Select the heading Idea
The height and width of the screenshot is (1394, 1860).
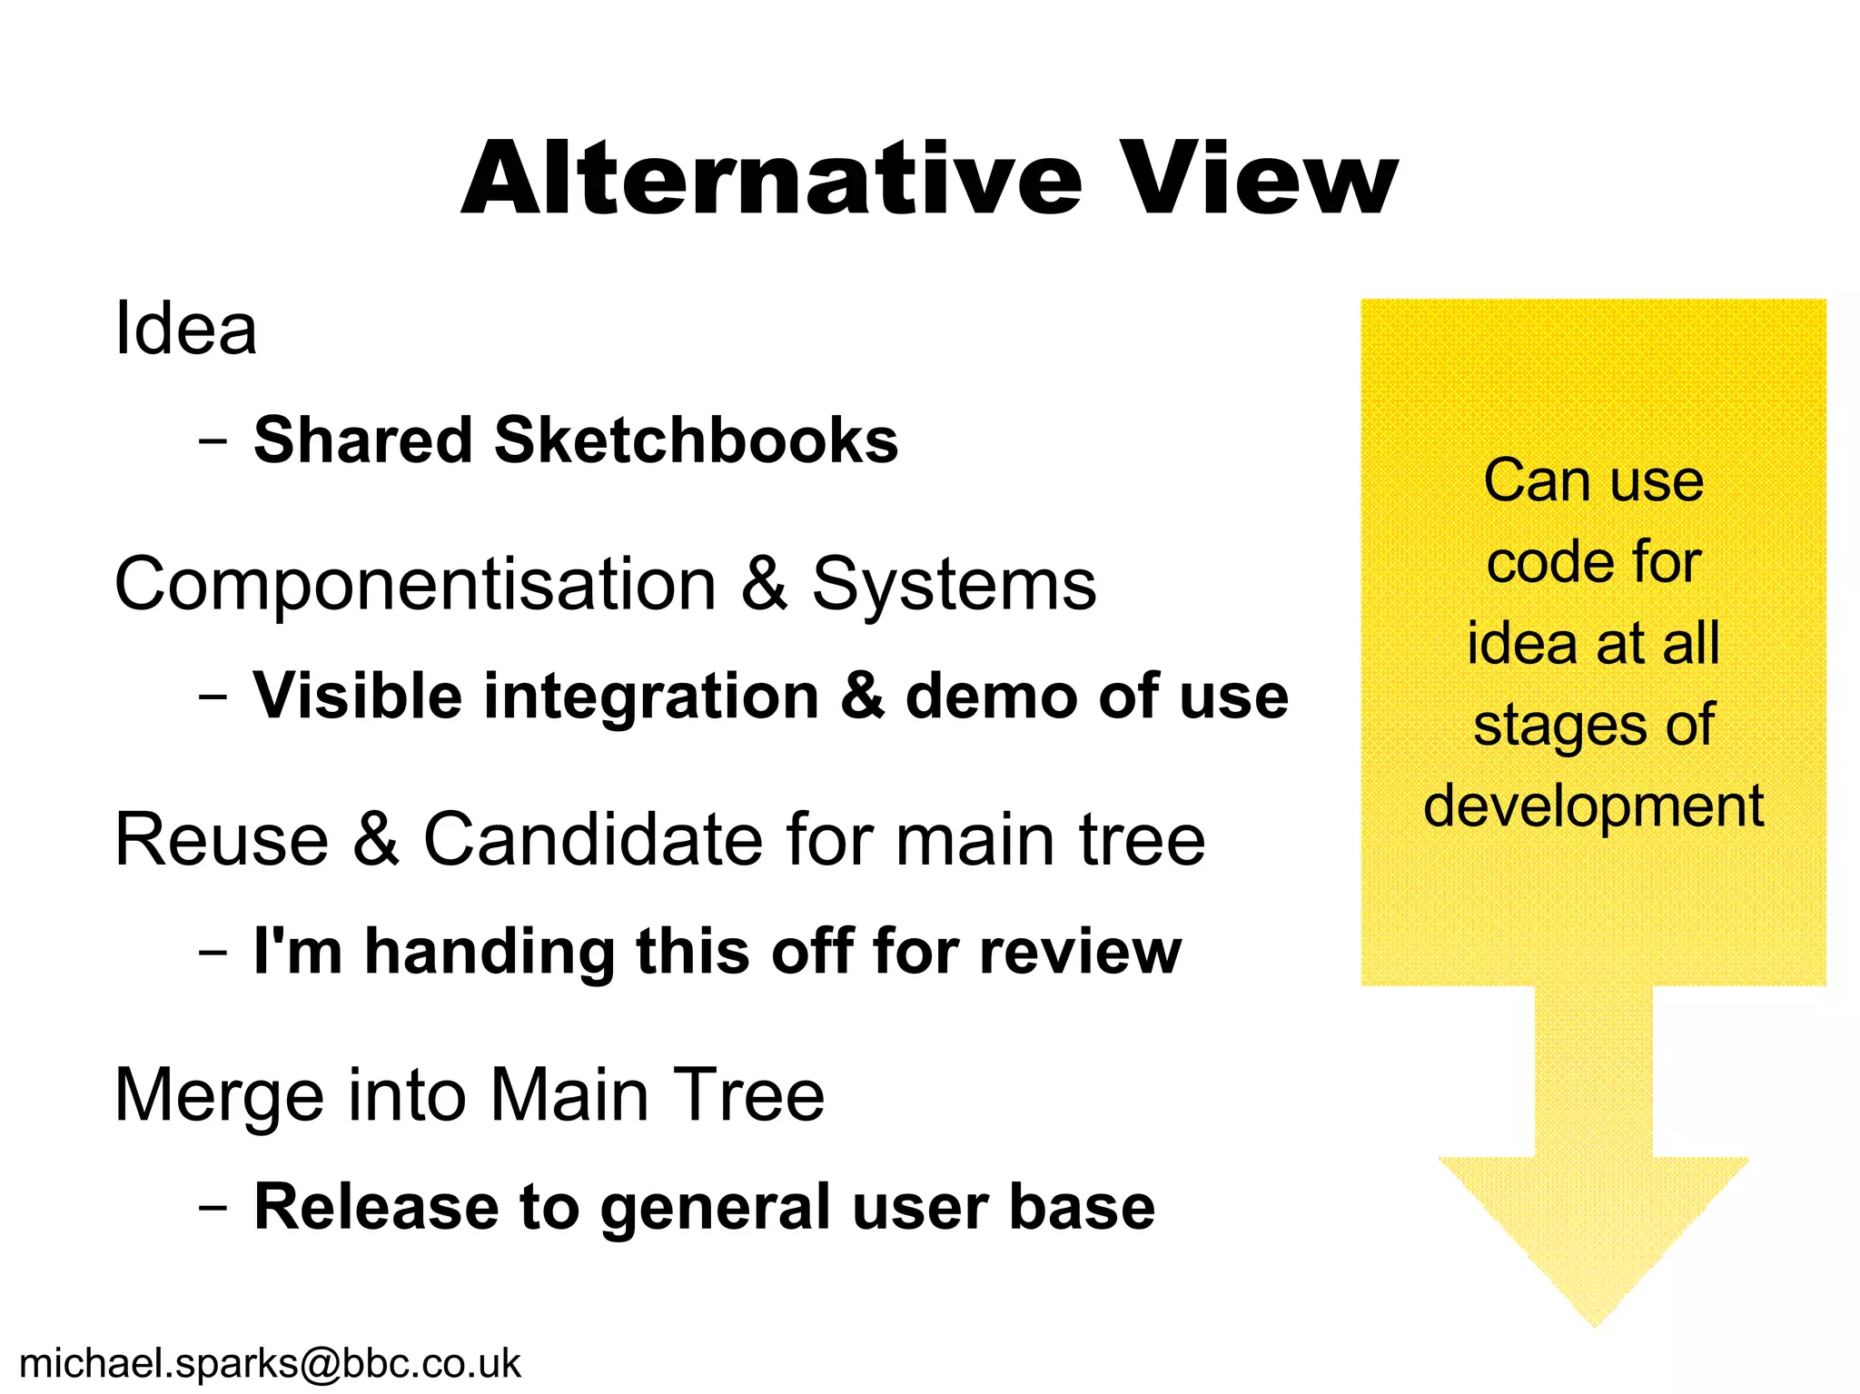(x=185, y=328)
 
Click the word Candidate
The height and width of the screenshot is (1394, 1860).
(x=594, y=839)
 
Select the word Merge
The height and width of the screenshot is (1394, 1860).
(x=219, y=1096)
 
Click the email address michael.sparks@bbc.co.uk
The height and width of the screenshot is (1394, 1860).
(x=270, y=1363)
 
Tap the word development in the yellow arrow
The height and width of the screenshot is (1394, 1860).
(x=1593, y=806)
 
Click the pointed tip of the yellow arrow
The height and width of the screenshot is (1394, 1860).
(x=1594, y=1324)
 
